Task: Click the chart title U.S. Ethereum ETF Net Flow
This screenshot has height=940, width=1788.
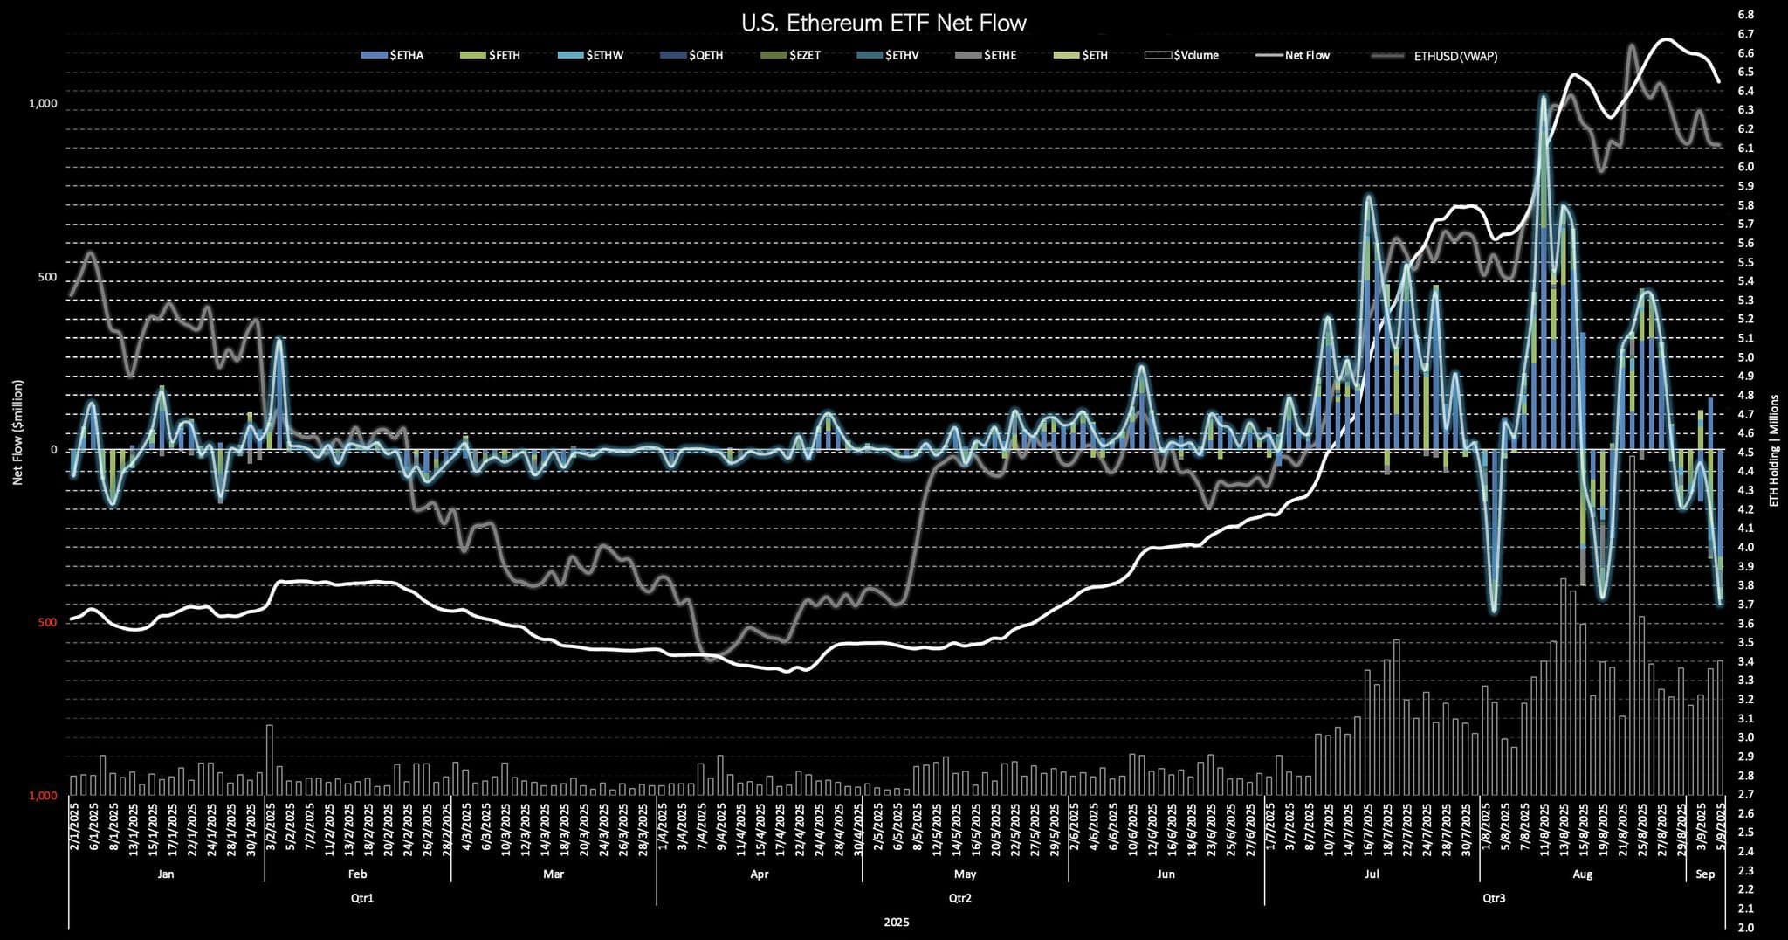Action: [x=884, y=23]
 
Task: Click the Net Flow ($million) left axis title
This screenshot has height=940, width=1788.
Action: [x=17, y=432]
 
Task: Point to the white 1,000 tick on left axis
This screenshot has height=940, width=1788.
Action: [x=42, y=103]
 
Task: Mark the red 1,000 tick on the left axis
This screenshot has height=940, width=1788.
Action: [x=42, y=796]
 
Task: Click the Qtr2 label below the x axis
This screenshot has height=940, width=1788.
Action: [x=959, y=898]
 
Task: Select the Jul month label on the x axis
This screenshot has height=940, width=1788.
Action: [x=1372, y=874]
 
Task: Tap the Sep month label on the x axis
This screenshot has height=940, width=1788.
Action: [x=1704, y=874]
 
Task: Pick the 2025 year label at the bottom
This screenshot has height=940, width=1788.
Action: [x=896, y=923]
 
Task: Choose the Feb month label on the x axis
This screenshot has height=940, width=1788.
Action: [x=357, y=874]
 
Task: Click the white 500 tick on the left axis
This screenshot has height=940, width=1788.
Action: [x=47, y=277]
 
